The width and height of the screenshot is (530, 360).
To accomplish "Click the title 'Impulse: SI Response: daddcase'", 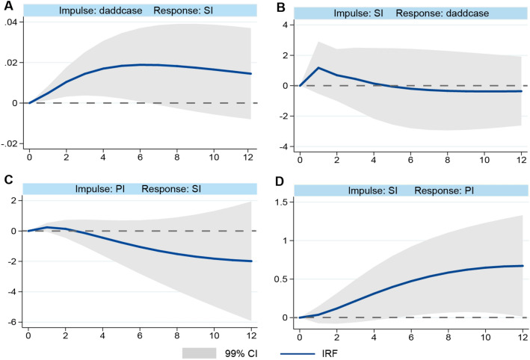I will click(409, 10).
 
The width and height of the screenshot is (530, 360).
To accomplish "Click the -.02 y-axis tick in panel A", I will click(13, 143).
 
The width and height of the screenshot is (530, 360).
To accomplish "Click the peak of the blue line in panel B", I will click(318, 68).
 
